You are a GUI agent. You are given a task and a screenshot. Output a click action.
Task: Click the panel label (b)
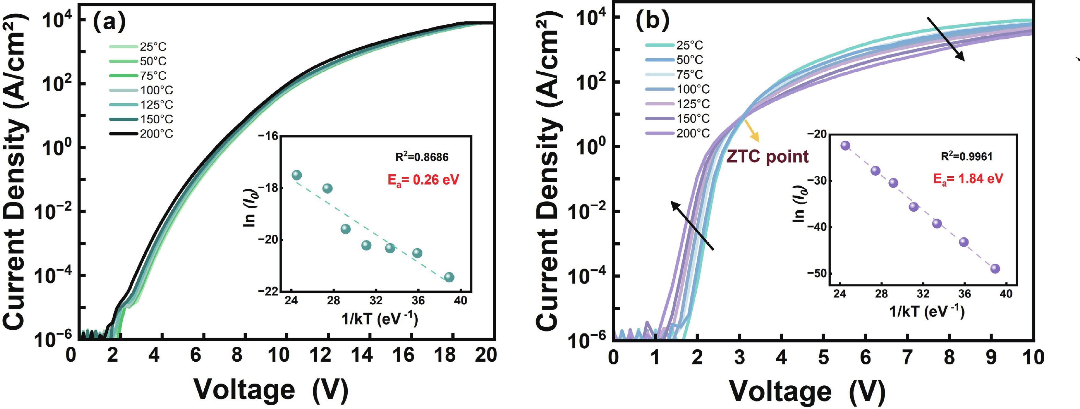tap(652, 21)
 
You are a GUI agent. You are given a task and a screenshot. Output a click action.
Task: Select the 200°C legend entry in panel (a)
tap(141, 134)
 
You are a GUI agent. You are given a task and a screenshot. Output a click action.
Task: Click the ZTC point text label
tap(767, 156)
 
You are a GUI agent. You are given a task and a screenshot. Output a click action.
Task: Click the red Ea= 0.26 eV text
tap(423, 180)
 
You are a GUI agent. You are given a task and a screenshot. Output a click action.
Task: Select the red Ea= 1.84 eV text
tap(968, 179)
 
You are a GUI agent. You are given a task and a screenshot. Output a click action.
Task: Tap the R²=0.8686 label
tap(422, 157)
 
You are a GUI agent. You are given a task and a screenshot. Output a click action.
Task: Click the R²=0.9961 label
tap(967, 156)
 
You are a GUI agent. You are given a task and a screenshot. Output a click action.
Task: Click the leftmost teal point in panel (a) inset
tap(297, 175)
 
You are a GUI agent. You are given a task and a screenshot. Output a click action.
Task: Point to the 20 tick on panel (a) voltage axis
tap(485, 356)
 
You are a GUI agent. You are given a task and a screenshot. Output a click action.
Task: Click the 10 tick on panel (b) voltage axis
tap(1033, 358)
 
